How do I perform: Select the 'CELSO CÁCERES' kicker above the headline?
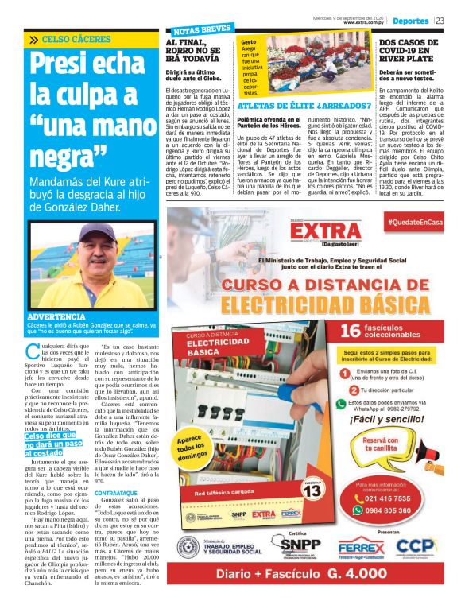pyautogui.click(x=72, y=39)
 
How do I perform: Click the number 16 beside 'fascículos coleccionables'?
pyautogui.click(x=351, y=330)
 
